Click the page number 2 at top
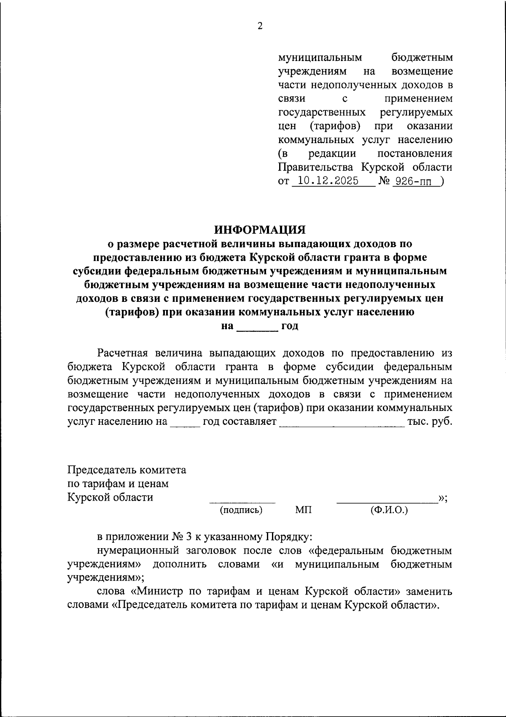(260, 26)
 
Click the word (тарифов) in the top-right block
(335, 126)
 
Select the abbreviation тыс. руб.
(430, 421)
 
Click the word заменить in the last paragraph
(429, 592)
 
